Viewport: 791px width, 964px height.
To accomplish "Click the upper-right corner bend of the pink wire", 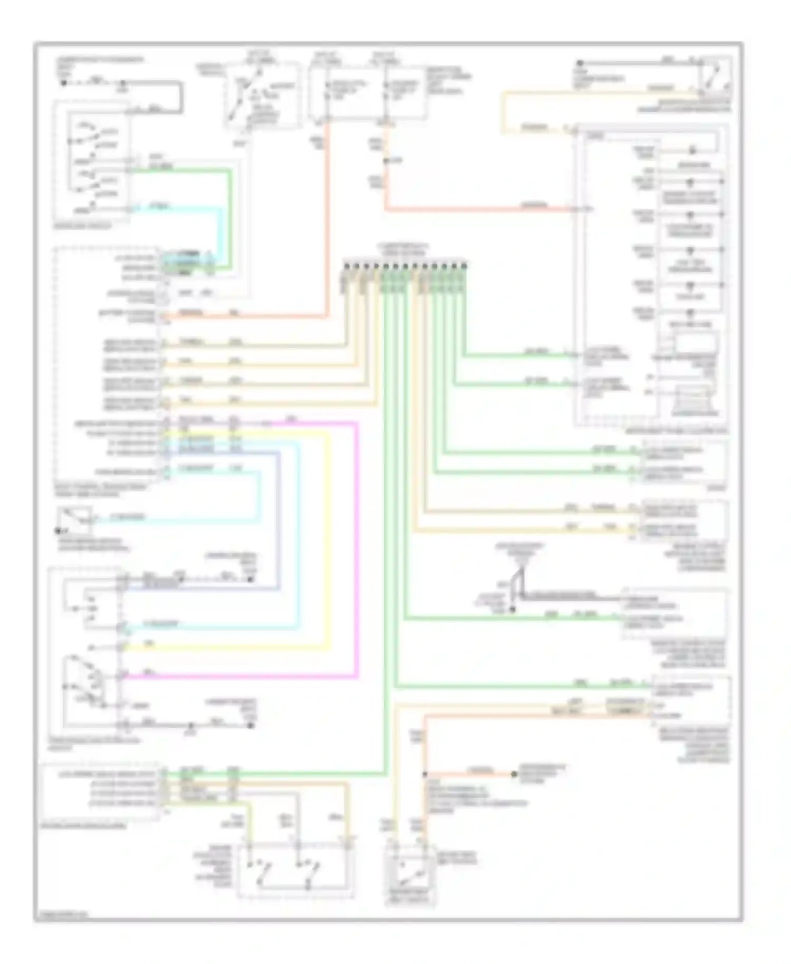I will (357, 423).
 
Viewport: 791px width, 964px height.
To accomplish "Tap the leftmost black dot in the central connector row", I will (345, 265).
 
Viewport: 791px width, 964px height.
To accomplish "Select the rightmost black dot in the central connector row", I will (464, 265).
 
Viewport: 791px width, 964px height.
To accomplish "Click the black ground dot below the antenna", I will (512, 610).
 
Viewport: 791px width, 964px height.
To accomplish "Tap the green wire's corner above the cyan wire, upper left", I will (230, 170).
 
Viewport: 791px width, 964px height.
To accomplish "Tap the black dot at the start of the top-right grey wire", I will (580, 63).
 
